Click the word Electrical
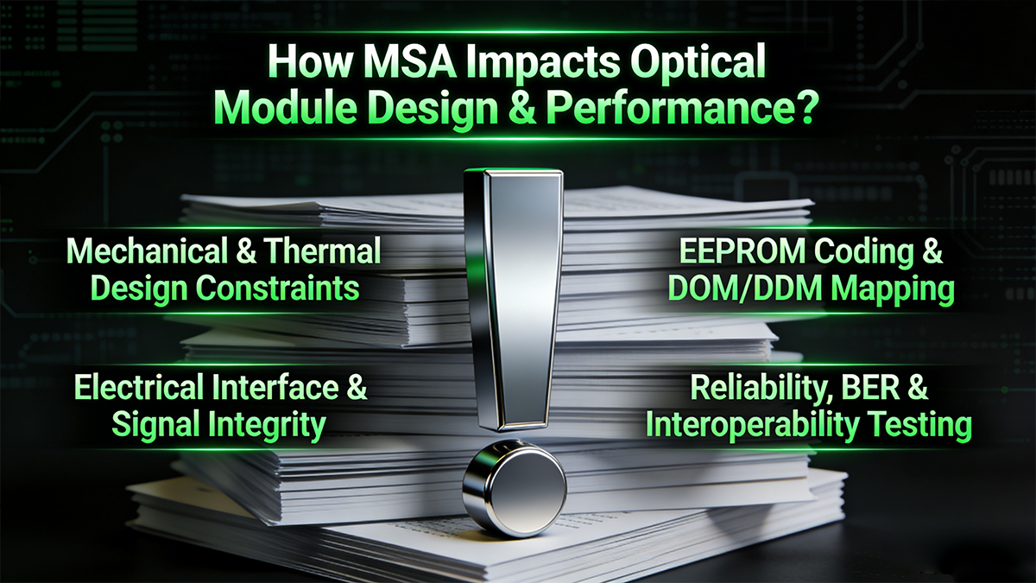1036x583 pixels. coord(143,389)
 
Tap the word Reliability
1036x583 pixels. coord(758,389)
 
